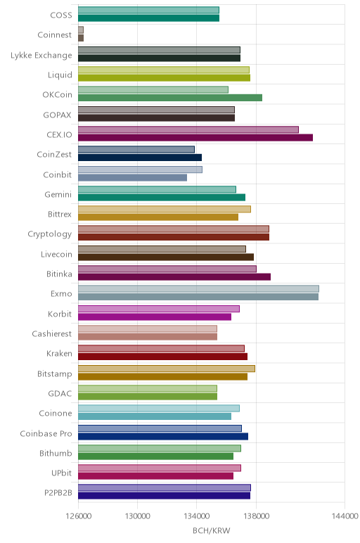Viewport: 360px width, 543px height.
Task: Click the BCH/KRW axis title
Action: [x=211, y=530]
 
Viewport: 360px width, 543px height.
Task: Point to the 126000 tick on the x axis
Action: [x=79, y=516]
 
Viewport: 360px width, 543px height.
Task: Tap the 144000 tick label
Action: [x=345, y=516]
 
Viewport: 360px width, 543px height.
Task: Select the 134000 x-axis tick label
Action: [x=197, y=516]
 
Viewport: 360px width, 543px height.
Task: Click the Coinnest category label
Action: [x=55, y=35]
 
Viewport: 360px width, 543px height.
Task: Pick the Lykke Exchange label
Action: [x=41, y=55]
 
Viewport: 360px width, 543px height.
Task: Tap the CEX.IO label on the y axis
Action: [x=60, y=134]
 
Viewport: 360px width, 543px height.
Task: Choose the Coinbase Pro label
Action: [x=46, y=433]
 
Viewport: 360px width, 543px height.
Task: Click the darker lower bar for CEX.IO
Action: [x=195, y=137]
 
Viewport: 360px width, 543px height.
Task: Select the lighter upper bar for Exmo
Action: [x=199, y=289]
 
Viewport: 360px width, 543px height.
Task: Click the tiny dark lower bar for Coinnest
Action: [x=81, y=38]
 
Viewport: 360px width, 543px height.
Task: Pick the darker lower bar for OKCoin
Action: [x=170, y=98]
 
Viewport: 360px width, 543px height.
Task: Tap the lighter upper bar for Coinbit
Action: [x=140, y=170]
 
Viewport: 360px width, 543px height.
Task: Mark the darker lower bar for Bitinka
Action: [x=174, y=276]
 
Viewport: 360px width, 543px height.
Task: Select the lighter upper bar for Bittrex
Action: [x=165, y=209]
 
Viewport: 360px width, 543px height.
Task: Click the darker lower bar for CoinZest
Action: [x=140, y=158]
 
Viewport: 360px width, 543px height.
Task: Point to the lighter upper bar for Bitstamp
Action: [x=167, y=369]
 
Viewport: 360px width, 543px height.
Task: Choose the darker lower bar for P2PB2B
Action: [x=164, y=496]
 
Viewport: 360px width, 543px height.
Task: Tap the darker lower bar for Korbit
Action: [x=155, y=317]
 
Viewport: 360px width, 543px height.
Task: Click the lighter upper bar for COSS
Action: [x=148, y=10]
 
